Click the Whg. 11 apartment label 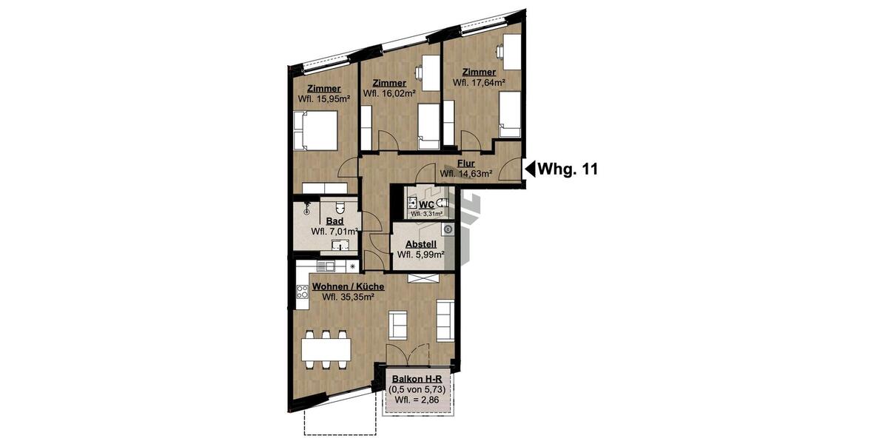[567, 169]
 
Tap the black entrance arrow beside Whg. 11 [530, 169]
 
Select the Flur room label [465, 164]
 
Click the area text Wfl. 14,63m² [466, 174]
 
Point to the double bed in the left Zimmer [315, 129]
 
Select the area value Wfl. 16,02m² [389, 93]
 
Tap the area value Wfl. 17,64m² [479, 82]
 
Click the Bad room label [333, 221]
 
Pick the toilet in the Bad [340, 208]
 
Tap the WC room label [427, 204]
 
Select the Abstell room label [421, 244]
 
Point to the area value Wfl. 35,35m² [348, 297]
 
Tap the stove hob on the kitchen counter [302, 295]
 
